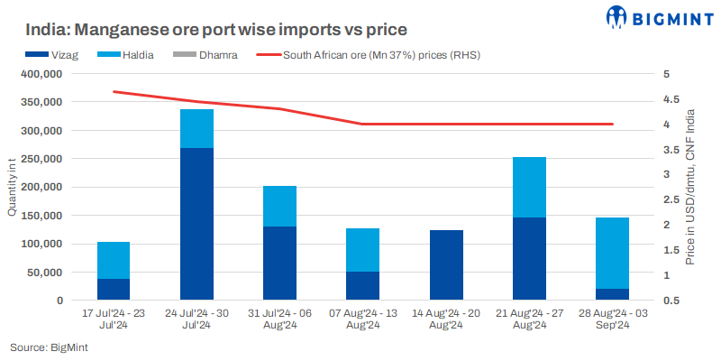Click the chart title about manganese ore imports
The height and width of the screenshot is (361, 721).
205,31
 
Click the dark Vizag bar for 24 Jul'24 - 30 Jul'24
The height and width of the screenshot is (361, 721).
196,224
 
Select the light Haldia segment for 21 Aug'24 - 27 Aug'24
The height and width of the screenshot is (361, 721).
528,187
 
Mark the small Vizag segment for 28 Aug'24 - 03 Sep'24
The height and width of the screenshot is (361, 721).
611,294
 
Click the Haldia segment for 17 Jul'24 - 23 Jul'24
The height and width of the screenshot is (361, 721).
114,260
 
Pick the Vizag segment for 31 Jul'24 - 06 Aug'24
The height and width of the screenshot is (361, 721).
279,263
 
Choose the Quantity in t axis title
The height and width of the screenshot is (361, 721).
12,187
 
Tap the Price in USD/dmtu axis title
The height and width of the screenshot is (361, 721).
690,187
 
